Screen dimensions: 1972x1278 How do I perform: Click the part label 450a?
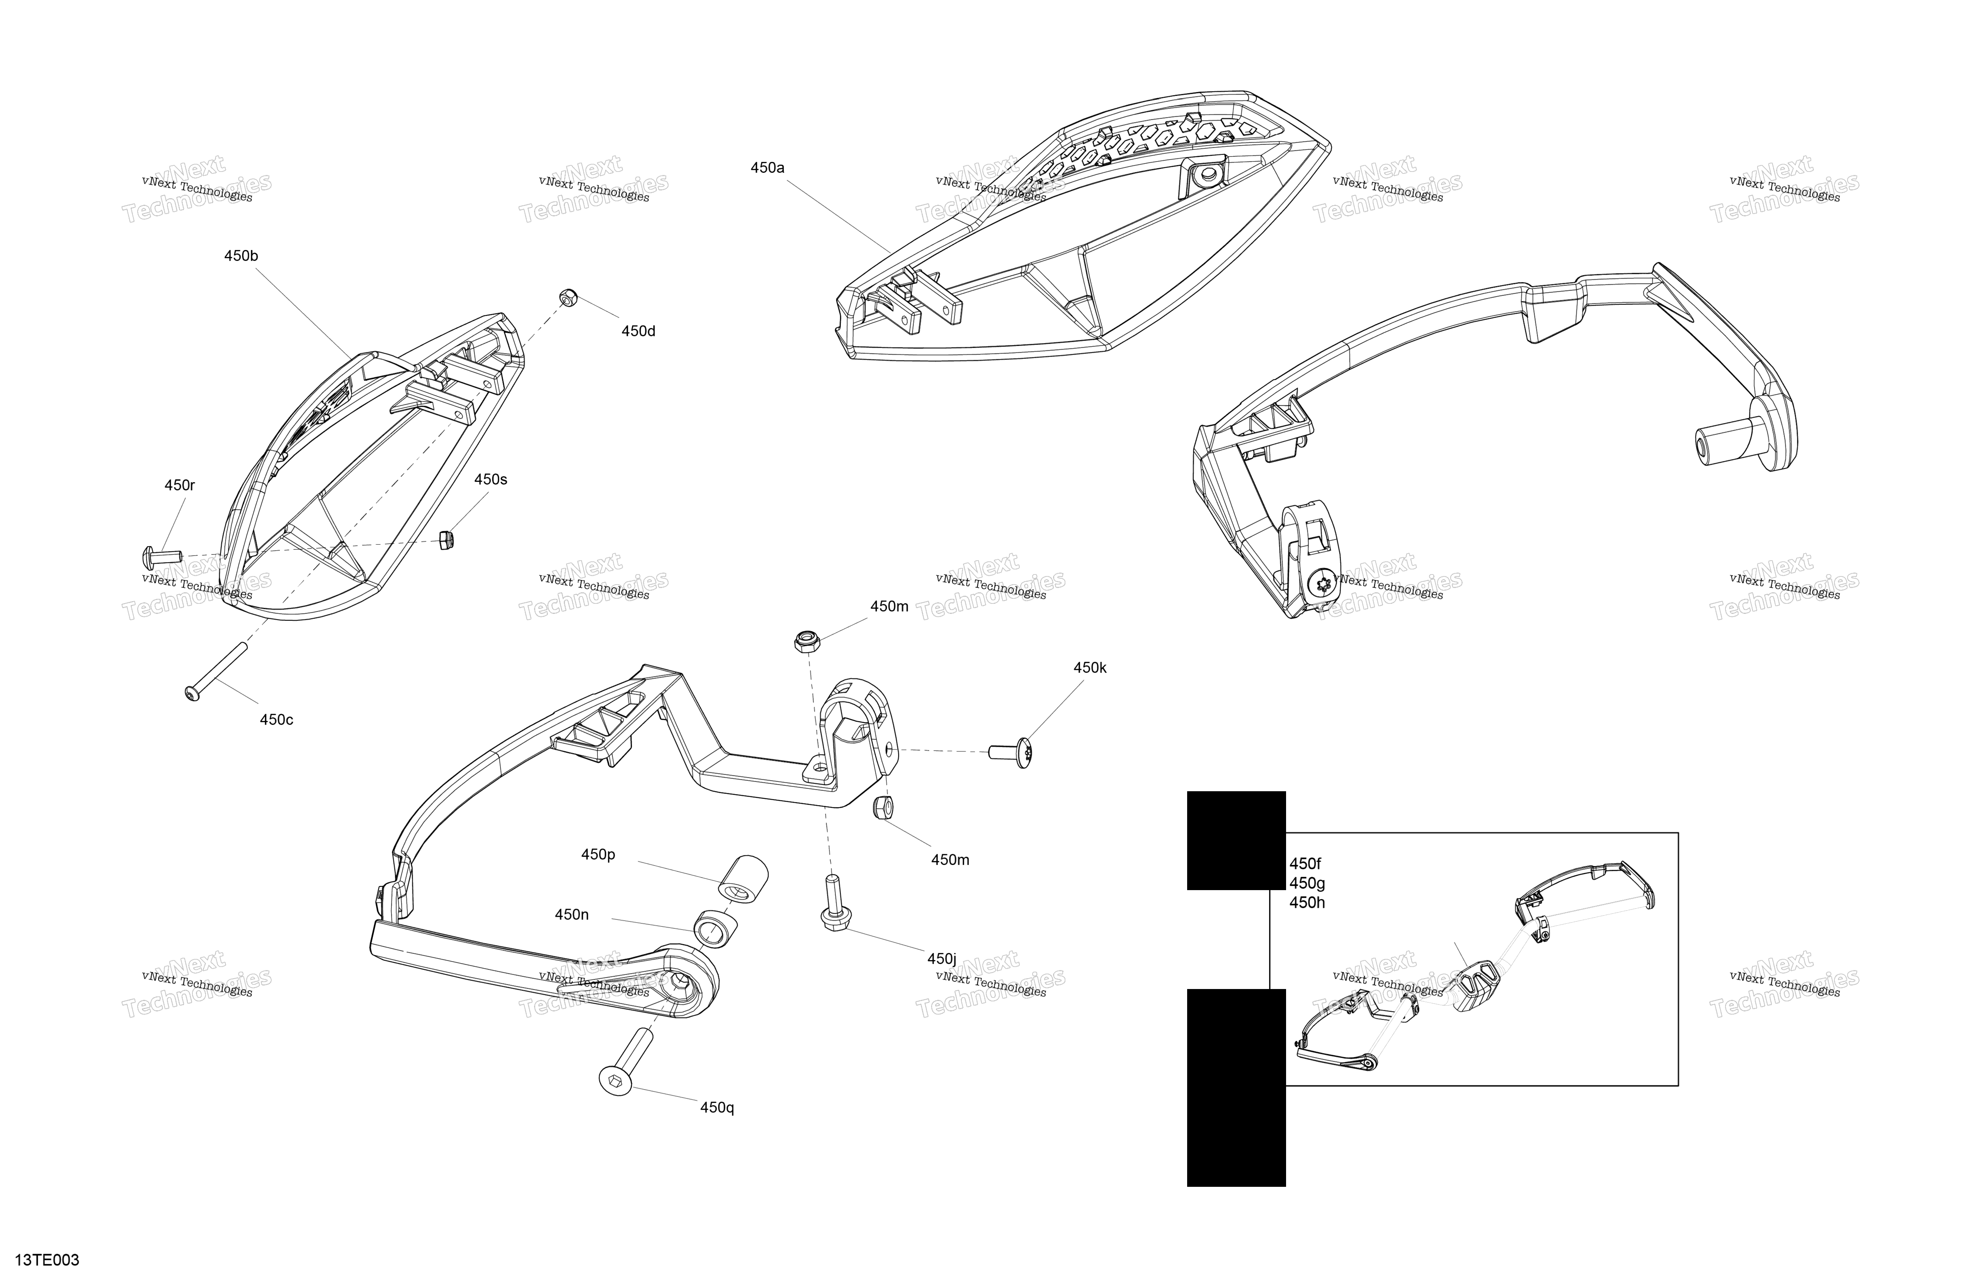pyautogui.click(x=767, y=168)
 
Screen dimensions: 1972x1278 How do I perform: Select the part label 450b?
pyautogui.click(x=241, y=256)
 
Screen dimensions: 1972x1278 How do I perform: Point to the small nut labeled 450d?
pyautogui.click(x=568, y=297)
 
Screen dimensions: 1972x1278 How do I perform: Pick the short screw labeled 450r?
pyautogui.click(x=162, y=553)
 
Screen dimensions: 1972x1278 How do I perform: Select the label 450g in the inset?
pyautogui.click(x=1307, y=883)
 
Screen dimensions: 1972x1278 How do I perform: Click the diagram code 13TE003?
pyautogui.click(x=47, y=1261)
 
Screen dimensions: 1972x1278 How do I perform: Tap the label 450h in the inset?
pyautogui.click(x=1307, y=903)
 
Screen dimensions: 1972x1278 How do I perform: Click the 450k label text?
pyautogui.click(x=1090, y=668)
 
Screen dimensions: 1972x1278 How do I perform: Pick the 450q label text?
pyautogui.click(x=717, y=1107)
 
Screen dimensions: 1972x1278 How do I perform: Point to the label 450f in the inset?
pyautogui.click(x=1305, y=864)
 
